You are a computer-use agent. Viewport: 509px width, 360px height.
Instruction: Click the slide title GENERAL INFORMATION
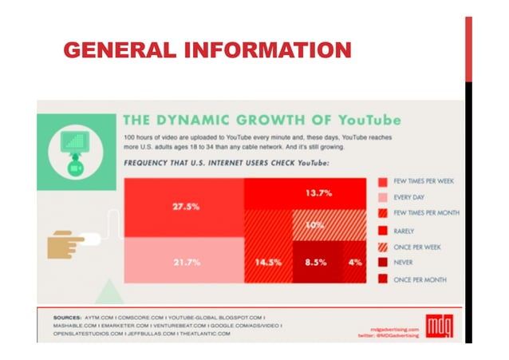coord(207,51)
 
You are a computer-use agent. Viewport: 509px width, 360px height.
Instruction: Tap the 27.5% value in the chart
coord(185,207)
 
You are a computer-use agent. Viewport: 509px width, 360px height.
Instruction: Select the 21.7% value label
coord(185,260)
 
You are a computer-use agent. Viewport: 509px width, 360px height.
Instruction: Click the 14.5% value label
coord(268,260)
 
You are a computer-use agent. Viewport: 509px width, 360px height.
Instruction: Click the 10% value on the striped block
coord(315,226)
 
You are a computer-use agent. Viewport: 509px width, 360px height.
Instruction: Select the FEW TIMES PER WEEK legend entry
coord(423,181)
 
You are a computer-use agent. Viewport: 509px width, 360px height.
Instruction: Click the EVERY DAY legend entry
coord(411,197)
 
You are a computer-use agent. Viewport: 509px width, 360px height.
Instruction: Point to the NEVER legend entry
coord(405,263)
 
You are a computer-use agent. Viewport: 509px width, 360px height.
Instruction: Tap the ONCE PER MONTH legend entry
coord(420,279)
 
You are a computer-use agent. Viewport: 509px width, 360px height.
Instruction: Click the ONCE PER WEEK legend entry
coord(418,247)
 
